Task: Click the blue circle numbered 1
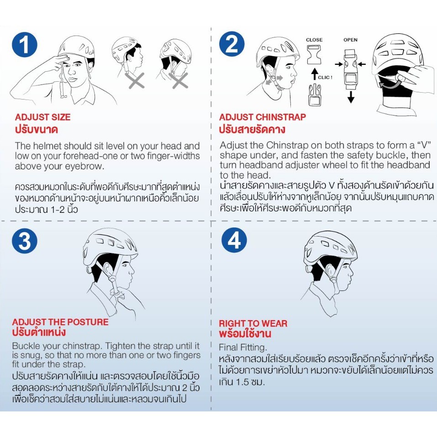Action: tap(25, 45)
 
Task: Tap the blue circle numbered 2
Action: tap(232, 44)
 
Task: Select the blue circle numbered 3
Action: tap(25, 241)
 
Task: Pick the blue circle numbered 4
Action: tap(234, 240)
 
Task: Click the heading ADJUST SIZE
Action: tap(42, 117)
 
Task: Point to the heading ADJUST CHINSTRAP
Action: tap(262, 117)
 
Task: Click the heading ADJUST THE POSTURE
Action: tap(60, 322)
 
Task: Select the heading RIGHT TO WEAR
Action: tap(253, 323)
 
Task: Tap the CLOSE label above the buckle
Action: tap(314, 40)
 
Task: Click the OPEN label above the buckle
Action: tap(350, 40)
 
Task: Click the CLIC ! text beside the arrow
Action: tap(325, 78)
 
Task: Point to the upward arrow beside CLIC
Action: tap(315, 74)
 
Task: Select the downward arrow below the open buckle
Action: tap(351, 96)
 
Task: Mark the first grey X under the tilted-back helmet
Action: tap(136, 80)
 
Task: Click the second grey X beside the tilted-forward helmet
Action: tap(180, 80)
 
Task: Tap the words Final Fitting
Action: tap(243, 347)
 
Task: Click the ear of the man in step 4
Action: tap(329, 270)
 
